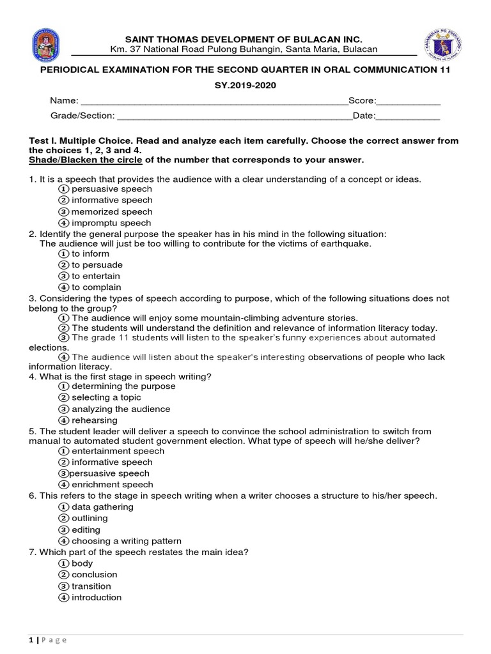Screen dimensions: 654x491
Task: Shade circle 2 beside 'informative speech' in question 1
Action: tap(63, 201)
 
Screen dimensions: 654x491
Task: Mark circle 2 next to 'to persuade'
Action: tap(63, 265)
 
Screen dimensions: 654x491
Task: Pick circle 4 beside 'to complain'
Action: tap(63, 287)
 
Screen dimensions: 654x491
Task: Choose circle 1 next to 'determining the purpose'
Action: tap(63, 386)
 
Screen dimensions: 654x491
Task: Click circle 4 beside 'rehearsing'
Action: tap(63, 420)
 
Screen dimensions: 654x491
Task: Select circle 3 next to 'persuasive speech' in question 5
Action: tap(63, 474)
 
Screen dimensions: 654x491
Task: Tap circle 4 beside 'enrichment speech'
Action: tap(63, 485)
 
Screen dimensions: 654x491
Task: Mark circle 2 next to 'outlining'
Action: tap(63, 519)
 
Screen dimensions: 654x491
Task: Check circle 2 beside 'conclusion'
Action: tap(63, 575)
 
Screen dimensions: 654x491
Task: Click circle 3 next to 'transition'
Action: tap(63, 586)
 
